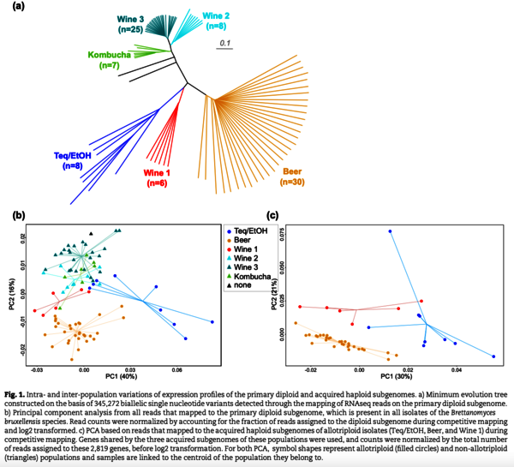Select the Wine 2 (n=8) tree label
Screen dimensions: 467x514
pos(217,21)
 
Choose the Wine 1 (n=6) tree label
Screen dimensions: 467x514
pos(157,178)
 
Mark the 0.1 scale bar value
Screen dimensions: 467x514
pos(224,42)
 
